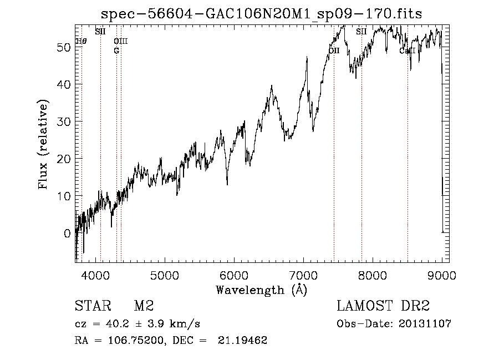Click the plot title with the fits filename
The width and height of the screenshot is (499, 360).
pyautogui.click(x=262, y=14)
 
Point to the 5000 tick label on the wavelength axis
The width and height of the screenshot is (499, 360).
pyautogui.click(x=164, y=275)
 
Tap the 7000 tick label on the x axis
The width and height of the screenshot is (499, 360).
pyautogui.click(x=303, y=275)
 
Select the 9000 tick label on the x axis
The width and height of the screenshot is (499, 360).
pyautogui.click(x=442, y=275)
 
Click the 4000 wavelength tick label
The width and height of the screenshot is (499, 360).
pyautogui.click(x=95, y=275)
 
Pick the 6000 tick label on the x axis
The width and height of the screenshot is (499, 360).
pyautogui.click(x=233, y=275)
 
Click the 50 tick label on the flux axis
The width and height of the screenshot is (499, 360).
pyautogui.click(x=64, y=48)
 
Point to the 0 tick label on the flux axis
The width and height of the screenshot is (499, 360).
pyautogui.click(x=67, y=234)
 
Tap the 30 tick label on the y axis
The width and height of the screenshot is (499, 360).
pyautogui.click(x=64, y=122)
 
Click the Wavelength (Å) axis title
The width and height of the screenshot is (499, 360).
pyautogui.click(x=261, y=290)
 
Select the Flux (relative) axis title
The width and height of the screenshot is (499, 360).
pyautogui.click(x=43, y=144)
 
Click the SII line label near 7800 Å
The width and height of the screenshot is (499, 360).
pyautogui.click(x=361, y=32)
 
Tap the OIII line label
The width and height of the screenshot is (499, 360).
pyautogui.click(x=120, y=41)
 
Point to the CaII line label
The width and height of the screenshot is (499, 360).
pyautogui.click(x=408, y=51)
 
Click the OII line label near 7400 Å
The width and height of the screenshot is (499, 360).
pyautogui.click(x=334, y=51)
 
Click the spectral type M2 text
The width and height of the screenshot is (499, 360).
pyautogui.click(x=144, y=306)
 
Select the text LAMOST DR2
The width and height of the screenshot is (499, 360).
pyautogui.click(x=383, y=306)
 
